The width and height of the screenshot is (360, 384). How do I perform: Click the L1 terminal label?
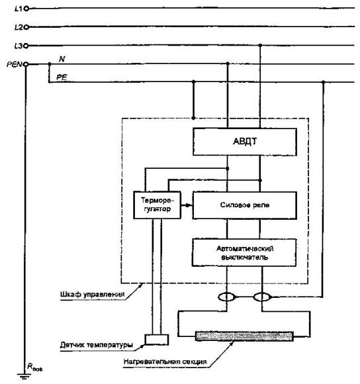(19, 9)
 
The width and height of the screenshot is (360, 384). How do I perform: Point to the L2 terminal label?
(19, 27)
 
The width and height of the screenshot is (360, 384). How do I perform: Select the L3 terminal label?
(19, 46)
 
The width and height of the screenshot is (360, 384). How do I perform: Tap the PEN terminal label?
(15, 64)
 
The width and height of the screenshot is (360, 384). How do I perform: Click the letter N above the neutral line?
(62, 59)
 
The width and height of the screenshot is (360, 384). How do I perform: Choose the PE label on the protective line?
(62, 77)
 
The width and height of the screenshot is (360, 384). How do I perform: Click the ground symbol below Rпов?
(24, 376)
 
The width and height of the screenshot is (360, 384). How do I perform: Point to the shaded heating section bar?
(244, 336)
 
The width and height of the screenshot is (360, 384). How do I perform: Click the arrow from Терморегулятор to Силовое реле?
(187, 205)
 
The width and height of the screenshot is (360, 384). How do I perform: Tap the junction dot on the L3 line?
(260, 45)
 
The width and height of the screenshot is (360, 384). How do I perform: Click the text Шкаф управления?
(92, 294)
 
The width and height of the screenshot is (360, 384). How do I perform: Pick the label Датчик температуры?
(97, 345)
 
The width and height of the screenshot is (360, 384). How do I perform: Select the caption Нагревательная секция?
(165, 361)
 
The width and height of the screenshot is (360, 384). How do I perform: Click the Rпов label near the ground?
(35, 367)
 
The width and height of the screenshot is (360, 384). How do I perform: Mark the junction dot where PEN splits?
(50, 64)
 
